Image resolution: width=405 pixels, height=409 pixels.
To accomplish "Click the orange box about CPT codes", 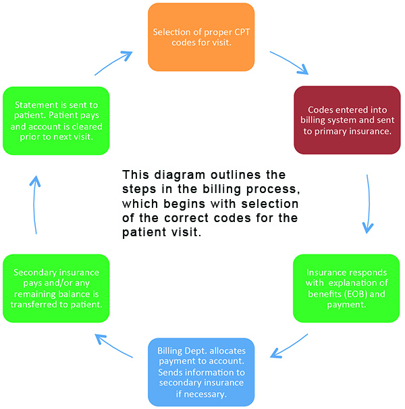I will tap(200, 37).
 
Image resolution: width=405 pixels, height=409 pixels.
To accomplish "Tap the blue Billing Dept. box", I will tap(200, 372).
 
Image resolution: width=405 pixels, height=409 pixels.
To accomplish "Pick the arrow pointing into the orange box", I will tap(113, 62).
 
